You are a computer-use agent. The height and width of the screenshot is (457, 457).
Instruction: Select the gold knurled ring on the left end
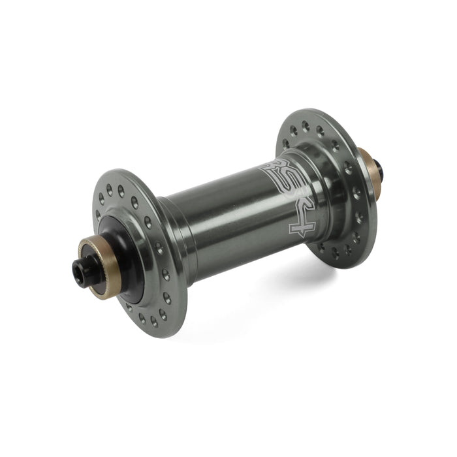101,266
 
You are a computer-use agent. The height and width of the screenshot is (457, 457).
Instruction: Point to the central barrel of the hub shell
233,221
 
